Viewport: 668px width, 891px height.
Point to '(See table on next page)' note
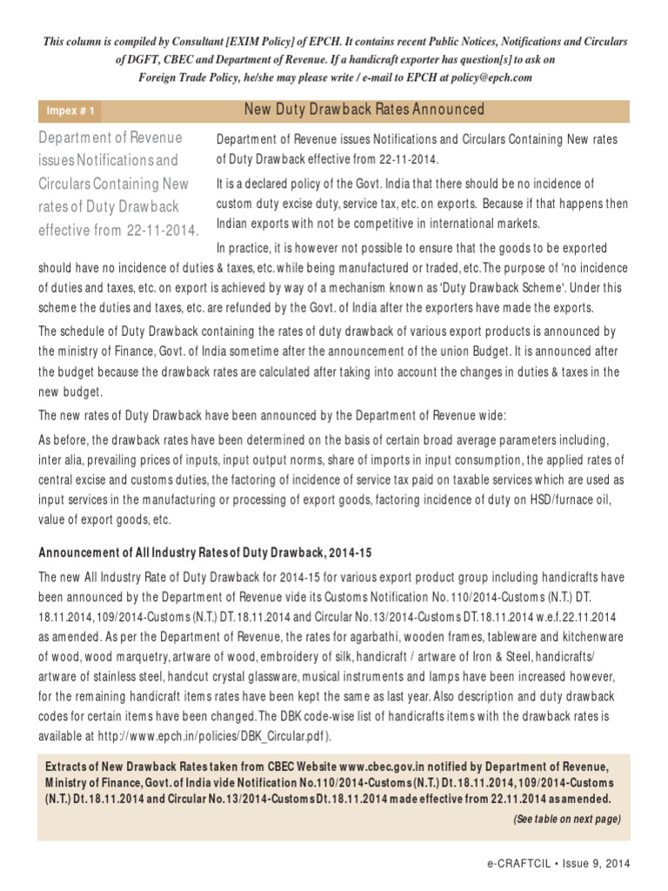566,819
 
